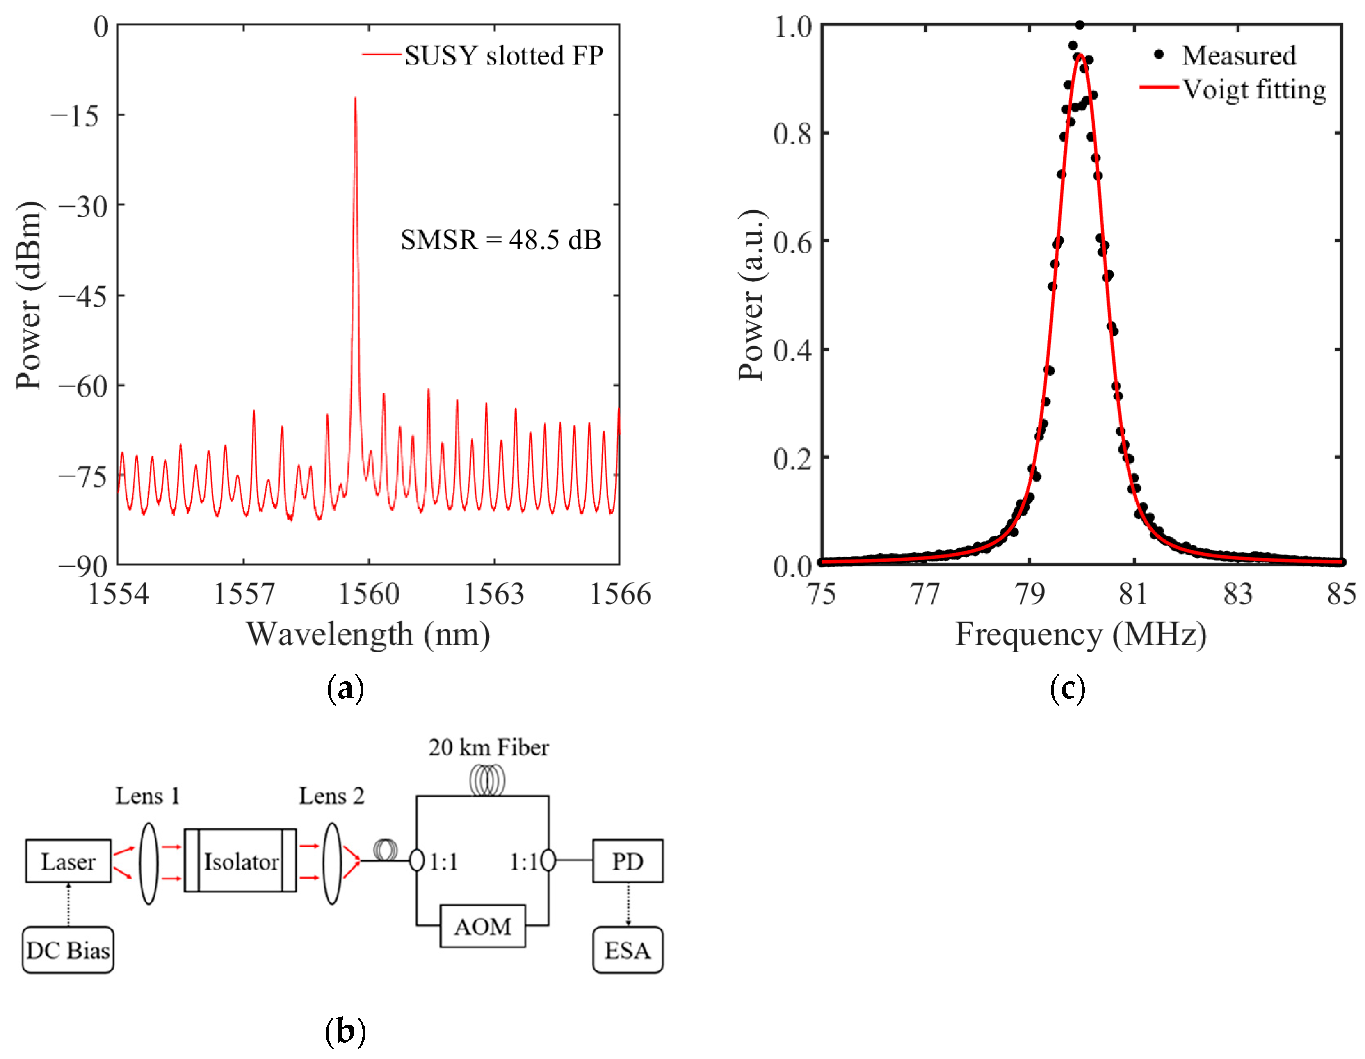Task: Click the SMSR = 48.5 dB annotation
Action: pos(501,240)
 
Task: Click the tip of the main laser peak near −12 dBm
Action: pos(355,99)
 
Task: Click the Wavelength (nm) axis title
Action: pos(368,634)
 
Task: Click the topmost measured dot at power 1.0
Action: pos(1080,25)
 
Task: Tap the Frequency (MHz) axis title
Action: pos(1081,634)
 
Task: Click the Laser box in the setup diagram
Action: pos(68,861)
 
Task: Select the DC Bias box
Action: pos(68,950)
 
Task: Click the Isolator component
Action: pos(241,861)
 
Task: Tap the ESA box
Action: pos(628,950)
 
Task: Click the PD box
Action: pos(628,861)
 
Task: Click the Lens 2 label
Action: pos(331,796)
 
